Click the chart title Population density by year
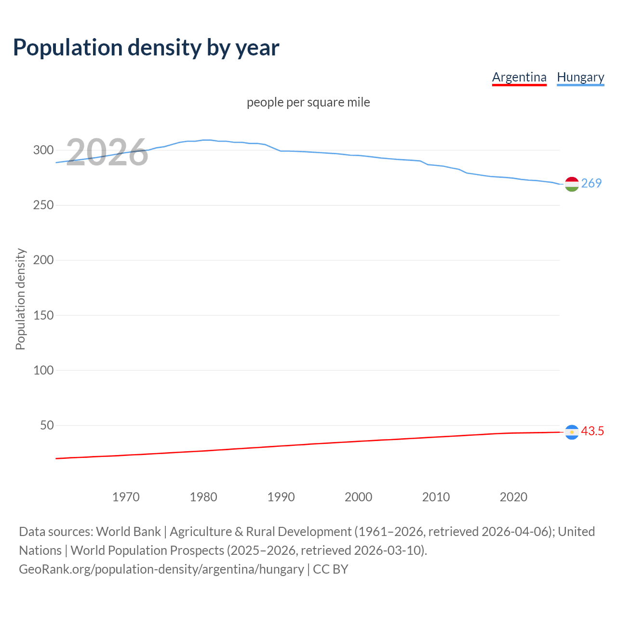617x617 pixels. click(x=146, y=48)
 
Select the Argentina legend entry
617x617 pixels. click(x=519, y=77)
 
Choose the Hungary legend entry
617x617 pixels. click(x=580, y=77)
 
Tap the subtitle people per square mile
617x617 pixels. click(x=308, y=103)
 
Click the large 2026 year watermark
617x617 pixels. click(x=107, y=152)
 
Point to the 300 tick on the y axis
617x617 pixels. click(x=43, y=150)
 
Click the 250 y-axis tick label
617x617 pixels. click(x=43, y=205)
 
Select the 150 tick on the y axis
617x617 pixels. click(x=43, y=315)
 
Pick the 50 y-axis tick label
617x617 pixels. click(x=47, y=425)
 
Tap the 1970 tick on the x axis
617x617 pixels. click(x=126, y=497)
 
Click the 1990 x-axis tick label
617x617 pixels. click(x=281, y=497)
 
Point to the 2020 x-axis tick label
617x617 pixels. click(x=513, y=497)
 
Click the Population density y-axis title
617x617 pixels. click(x=20, y=299)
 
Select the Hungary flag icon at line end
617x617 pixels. click(x=572, y=184)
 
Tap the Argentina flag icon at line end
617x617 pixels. click(x=572, y=432)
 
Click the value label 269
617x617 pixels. click(x=591, y=184)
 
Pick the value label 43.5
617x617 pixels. click(x=592, y=431)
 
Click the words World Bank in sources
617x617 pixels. click(x=128, y=532)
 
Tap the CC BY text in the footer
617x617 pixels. click(x=331, y=569)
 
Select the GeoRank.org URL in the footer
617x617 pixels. click(x=161, y=569)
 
